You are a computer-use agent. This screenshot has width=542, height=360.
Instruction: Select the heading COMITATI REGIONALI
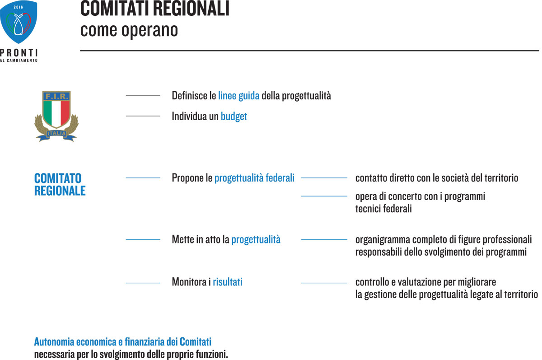(154, 9)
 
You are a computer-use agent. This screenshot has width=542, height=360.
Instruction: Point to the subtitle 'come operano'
(129, 30)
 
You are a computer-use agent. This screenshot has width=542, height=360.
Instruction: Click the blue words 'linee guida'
(238, 96)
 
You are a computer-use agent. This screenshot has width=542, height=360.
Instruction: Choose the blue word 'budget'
(234, 116)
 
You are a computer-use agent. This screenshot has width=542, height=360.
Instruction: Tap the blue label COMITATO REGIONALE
(60, 184)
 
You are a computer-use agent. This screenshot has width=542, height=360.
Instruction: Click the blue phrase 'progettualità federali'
(254, 178)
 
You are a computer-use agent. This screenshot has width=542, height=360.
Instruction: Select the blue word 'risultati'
(228, 282)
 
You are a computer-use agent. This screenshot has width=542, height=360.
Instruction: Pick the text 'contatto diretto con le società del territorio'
(437, 178)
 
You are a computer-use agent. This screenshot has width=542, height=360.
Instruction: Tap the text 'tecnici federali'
(383, 209)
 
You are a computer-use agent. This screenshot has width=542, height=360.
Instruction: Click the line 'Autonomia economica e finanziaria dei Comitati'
(123, 341)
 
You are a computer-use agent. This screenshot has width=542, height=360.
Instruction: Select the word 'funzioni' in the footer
(211, 354)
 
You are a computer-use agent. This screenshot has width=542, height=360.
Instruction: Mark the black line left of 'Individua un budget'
(143, 116)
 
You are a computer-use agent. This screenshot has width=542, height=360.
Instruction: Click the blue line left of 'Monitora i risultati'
(143, 283)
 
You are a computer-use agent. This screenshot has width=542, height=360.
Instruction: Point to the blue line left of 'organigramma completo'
(323, 239)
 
